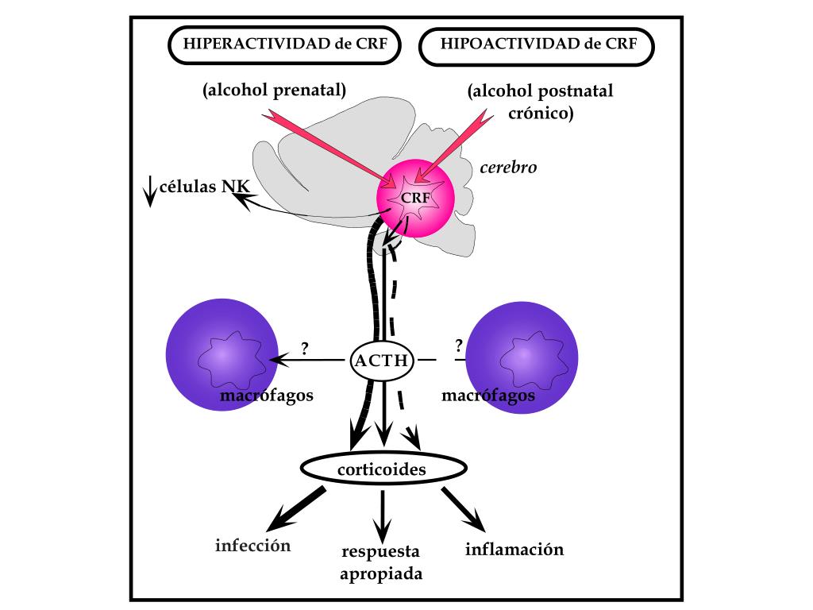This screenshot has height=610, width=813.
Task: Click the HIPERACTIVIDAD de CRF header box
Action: (285, 44)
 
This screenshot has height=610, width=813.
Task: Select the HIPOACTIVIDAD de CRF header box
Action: (537, 46)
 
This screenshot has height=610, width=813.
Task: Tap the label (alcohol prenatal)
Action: (274, 91)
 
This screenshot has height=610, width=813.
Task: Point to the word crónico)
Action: (541, 113)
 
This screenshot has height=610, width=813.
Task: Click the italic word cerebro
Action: (508, 168)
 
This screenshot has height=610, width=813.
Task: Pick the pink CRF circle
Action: (415, 198)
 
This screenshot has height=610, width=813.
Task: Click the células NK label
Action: (204, 186)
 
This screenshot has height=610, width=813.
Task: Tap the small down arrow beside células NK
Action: (150, 191)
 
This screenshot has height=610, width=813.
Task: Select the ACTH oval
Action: (382, 361)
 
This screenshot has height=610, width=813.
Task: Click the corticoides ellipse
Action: (383, 469)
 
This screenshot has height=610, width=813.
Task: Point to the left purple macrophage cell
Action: (222, 355)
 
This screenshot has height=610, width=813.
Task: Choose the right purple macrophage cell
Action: (522, 357)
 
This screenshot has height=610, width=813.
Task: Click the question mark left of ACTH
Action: (304, 348)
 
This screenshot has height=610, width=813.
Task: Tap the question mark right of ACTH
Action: (458, 345)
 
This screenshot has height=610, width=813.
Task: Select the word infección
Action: (253, 545)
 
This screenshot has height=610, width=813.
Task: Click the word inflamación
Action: (514, 549)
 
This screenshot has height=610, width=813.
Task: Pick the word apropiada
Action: (381, 574)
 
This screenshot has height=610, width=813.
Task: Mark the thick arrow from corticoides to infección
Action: (296, 509)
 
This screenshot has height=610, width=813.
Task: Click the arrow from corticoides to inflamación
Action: (464, 509)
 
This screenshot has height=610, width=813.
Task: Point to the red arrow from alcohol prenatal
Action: (329, 149)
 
